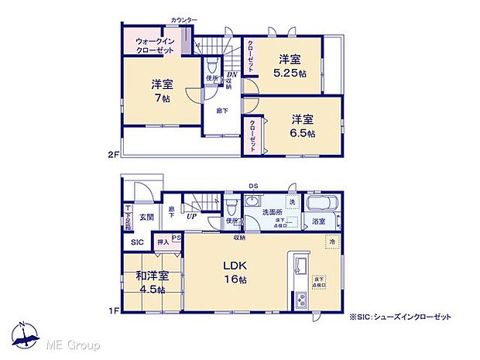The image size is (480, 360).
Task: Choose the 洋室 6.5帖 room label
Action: click(x=303, y=126)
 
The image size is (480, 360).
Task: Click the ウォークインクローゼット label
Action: click(x=154, y=44)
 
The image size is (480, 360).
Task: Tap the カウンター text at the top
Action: click(x=183, y=19)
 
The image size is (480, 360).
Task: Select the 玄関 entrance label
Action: click(x=146, y=218)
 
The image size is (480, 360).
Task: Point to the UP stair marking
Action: click(x=190, y=217)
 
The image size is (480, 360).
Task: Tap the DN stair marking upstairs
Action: click(x=220, y=74)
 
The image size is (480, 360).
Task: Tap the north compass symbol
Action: click(x=26, y=334)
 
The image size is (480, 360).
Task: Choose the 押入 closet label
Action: click(x=163, y=242)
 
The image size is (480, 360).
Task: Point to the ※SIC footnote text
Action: click(x=399, y=317)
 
